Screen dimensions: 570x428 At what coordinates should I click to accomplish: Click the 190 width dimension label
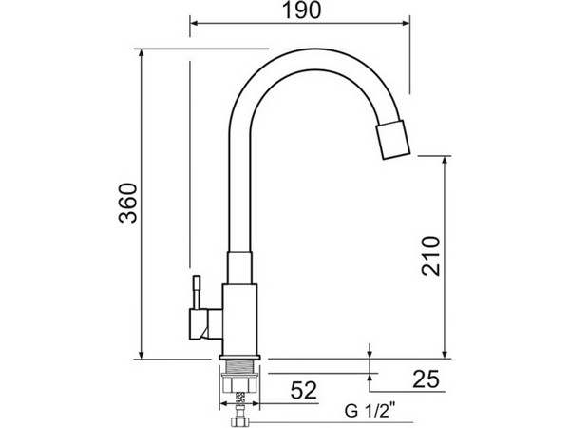302,10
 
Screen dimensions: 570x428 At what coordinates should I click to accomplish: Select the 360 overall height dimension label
128,203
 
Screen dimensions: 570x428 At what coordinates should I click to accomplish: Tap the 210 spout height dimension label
430,256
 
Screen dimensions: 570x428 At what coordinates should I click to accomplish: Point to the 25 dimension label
426,379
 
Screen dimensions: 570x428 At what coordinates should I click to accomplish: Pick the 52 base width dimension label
304,391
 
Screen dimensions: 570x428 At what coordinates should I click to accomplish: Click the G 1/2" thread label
370,411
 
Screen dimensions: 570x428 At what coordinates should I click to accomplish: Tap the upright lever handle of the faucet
197,293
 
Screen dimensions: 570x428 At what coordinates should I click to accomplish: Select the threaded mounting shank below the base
240,366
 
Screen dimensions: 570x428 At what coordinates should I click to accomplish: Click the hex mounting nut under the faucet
240,383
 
